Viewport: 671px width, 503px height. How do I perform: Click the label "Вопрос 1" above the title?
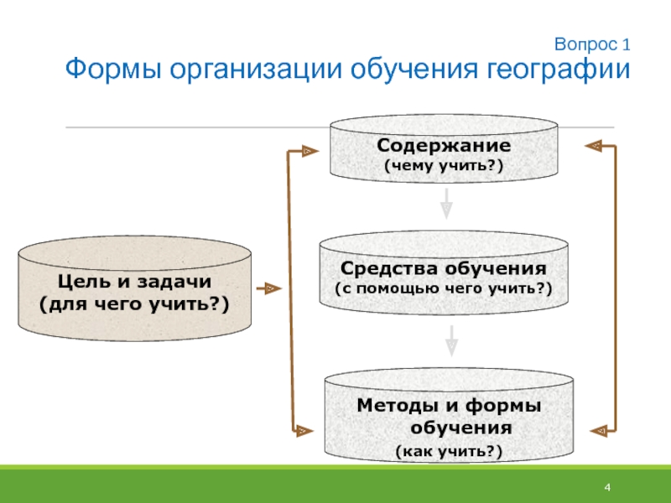pos(592,44)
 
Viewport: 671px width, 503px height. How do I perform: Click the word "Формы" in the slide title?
pos(113,69)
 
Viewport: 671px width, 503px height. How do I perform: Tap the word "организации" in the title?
pos(256,69)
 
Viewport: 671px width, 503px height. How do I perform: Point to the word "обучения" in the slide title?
pos(414,69)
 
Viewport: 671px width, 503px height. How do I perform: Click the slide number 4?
pos(607,487)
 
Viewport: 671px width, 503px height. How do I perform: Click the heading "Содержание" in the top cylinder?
pos(444,145)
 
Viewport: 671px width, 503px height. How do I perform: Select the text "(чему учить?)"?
pos(444,165)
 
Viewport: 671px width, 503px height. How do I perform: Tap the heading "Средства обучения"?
pos(444,268)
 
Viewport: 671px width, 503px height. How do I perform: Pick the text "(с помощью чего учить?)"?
pos(444,288)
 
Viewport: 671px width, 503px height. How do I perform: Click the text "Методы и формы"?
pos(449,406)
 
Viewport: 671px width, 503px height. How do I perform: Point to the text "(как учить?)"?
pos(449,451)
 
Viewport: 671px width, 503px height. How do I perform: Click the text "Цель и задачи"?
pos(134,282)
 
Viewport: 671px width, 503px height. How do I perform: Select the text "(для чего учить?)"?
pos(134,304)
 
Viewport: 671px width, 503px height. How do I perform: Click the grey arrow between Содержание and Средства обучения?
pos(446,204)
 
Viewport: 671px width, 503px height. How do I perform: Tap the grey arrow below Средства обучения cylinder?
pos(451,341)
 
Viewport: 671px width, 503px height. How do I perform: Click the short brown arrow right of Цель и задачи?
pos(268,288)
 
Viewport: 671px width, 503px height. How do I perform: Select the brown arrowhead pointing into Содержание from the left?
pos(309,151)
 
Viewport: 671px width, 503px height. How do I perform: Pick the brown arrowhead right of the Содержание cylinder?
pos(594,146)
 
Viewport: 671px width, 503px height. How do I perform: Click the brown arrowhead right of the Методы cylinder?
pos(599,431)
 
